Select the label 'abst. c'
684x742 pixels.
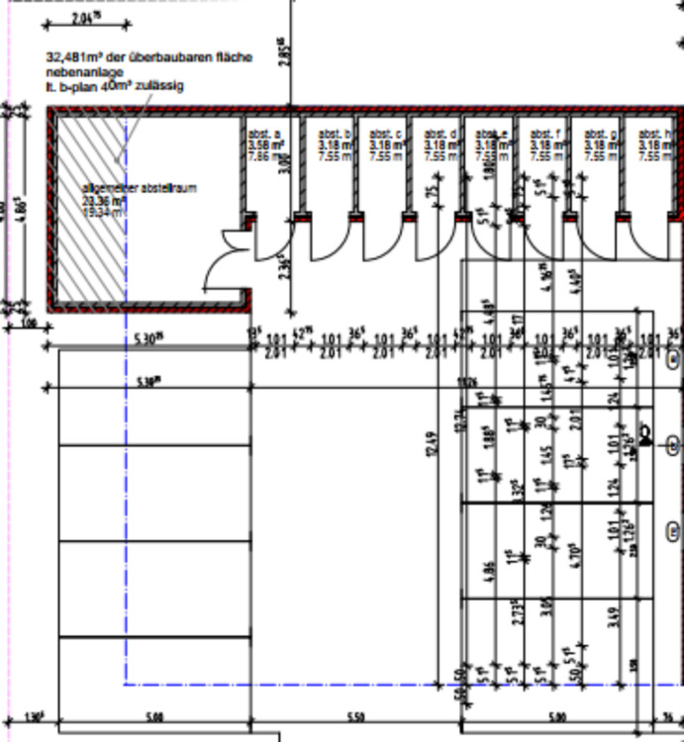pyautogui.click(x=384, y=134)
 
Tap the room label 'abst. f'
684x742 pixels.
pyautogui.click(x=545, y=134)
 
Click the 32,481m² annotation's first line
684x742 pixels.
pyautogui.click(x=148, y=57)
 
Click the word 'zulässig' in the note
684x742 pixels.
pyautogui.click(x=163, y=86)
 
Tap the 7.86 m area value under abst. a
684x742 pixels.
pyautogui.click(x=259, y=156)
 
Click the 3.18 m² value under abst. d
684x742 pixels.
pyautogui.click(x=438, y=144)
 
